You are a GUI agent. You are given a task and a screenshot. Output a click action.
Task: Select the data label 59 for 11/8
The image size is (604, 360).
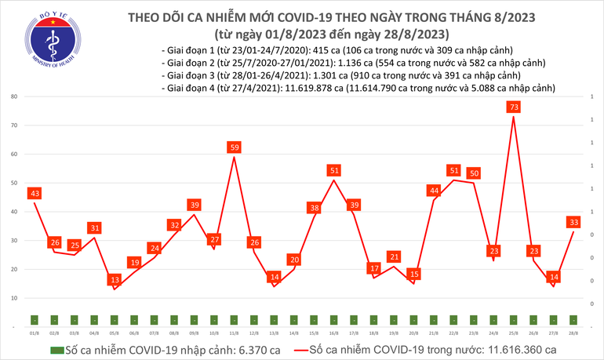tap(234, 147)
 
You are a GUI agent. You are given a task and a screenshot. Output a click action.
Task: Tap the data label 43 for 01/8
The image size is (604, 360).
tap(34, 193)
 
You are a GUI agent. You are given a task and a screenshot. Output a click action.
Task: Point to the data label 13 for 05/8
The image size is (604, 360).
tap(115, 280)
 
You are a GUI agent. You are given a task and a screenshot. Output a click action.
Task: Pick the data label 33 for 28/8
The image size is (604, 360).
tap(574, 222)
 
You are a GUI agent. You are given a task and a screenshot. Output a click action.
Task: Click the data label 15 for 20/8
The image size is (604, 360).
tap(414, 274)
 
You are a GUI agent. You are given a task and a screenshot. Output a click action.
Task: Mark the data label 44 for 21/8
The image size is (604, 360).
tap(434, 191)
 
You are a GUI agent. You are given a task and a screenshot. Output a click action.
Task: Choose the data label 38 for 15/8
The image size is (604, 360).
tap(314, 208)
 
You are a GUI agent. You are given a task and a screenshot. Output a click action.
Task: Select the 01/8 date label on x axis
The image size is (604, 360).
tap(34, 333)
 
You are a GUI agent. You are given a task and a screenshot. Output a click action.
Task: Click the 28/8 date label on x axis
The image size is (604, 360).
tap(574, 333)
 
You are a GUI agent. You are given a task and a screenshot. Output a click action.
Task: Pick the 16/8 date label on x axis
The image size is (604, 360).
tap(334, 333)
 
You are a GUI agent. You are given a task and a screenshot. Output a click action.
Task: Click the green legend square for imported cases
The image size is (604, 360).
tap(56, 350)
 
